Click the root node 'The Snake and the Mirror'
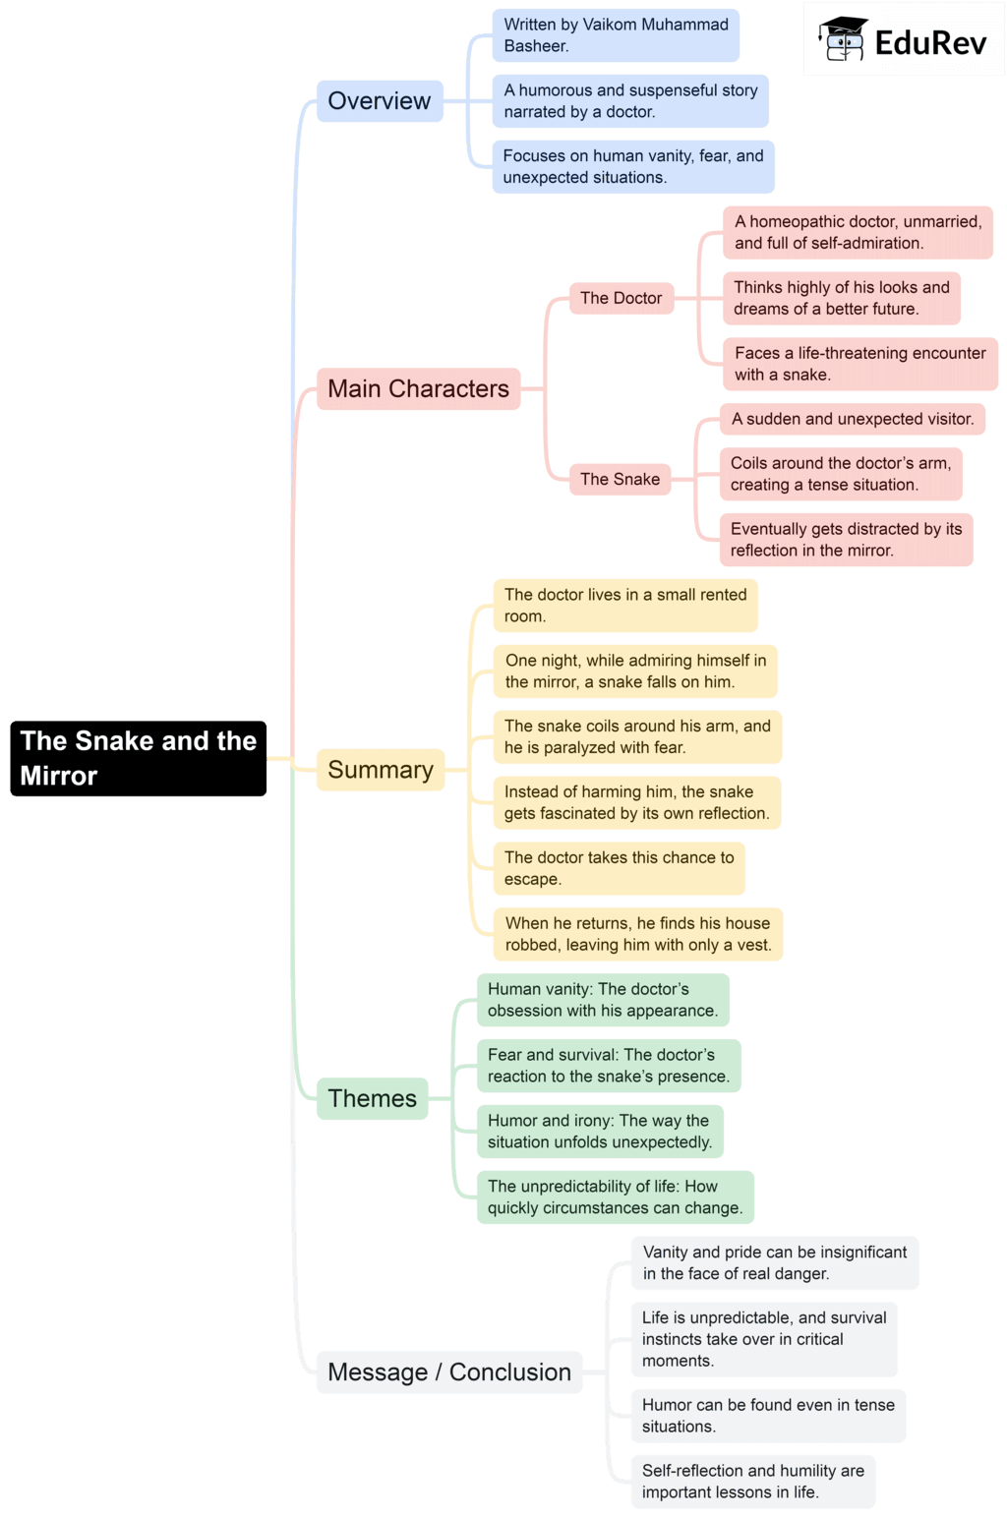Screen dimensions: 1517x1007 coord(138,758)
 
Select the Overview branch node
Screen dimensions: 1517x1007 coord(380,101)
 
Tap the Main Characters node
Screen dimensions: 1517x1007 coord(418,389)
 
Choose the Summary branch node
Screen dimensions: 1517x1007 coord(380,770)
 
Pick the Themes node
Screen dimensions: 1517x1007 coord(372,1098)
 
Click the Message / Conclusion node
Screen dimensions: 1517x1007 coord(448,1371)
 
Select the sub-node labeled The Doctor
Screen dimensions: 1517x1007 coord(621,298)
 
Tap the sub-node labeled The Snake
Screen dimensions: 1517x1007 coord(620,479)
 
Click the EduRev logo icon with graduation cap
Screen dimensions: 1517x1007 coord(843,39)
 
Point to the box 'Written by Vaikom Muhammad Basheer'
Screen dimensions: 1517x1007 coord(616,35)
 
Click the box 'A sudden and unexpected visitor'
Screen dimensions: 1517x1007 coord(852,419)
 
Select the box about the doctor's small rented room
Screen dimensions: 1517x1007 coord(625,606)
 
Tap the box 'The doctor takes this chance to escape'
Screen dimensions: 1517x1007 coord(619,868)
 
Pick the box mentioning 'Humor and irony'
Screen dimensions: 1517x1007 coord(600,1132)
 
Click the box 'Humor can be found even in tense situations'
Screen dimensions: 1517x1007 coord(768,1416)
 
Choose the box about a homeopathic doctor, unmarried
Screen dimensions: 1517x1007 coord(858,233)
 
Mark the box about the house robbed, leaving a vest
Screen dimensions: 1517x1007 coord(637,934)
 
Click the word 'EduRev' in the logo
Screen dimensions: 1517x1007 coord(930,42)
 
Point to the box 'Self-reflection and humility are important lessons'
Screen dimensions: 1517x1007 coord(752,1482)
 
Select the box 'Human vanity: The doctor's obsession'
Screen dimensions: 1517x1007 coord(603,1000)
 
